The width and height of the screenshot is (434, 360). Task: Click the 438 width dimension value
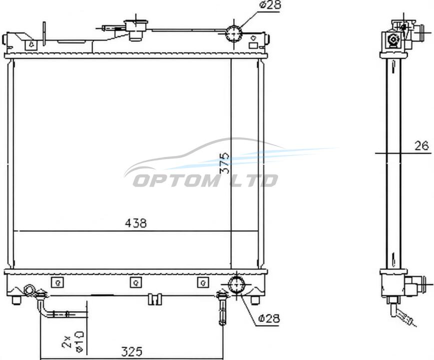pos(136,223)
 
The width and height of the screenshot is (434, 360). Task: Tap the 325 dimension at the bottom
pos(132,351)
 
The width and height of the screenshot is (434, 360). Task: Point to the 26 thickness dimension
pos(422,146)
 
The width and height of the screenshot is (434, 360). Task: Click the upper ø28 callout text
pos(270,4)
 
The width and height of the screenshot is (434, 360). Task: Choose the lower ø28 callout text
pos(269,318)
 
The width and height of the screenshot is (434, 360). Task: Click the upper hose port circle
pos(234,33)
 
